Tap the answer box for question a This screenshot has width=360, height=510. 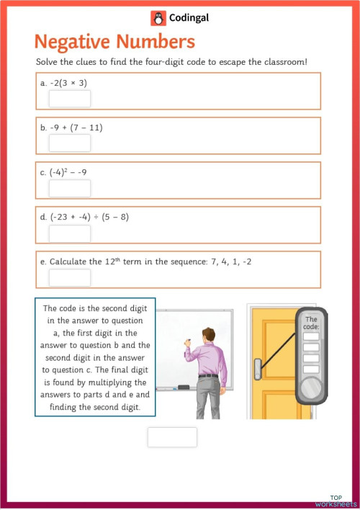pyautogui.click(x=70, y=99)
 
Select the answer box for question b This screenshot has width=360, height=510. pyautogui.click(x=70, y=143)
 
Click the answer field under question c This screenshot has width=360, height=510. pyautogui.click(x=70, y=189)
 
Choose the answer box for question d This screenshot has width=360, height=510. pyautogui.click(x=70, y=233)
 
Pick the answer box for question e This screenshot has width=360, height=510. pyautogui.click(x=70, y=278)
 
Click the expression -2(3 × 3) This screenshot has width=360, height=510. pyautogui.click(x=69, y=83)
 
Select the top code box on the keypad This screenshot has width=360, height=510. pyautogui.click(x=311, y=336)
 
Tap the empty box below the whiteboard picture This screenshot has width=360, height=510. pyautogui.click(x=172, y=437)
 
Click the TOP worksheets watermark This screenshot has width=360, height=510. pyautogui.click(x=336, y=501)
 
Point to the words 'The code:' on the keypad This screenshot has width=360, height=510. pyautogui.click(x=311, y=323)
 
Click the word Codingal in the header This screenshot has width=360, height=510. pyautogui.click(x=188, y=18)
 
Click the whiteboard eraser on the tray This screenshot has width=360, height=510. pyautogui.click(x=184, y=388)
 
